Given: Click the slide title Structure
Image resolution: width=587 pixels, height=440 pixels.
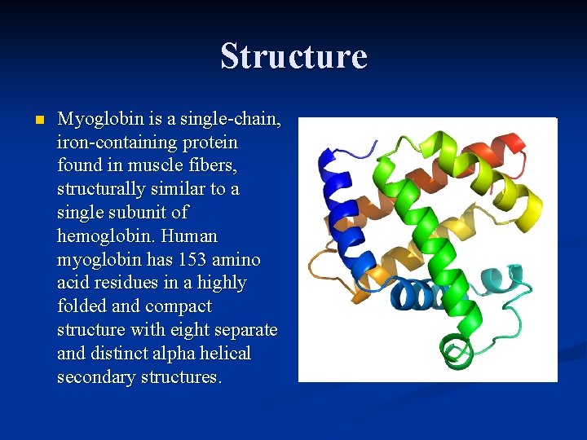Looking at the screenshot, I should coord(293,56).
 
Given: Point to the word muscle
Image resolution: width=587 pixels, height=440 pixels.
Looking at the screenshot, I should coord(159,165).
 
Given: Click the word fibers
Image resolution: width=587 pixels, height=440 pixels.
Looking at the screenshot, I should coord(216,165).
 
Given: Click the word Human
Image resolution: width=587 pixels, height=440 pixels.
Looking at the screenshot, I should coord(189,236).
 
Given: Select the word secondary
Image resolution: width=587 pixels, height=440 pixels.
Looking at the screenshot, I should coord(94,377).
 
